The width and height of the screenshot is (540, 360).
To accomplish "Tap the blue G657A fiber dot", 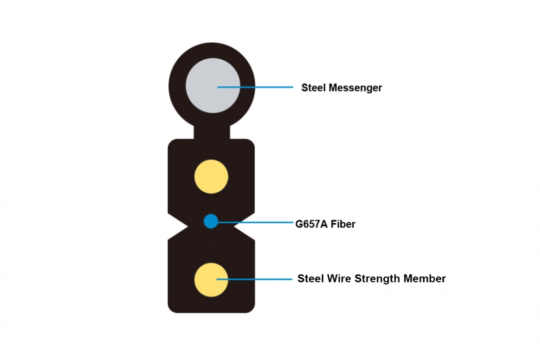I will [x=211, y=221].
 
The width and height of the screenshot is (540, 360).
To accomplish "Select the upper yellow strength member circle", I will [x=211, y=176].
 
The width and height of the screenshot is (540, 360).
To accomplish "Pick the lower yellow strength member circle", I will [x=211, y=279].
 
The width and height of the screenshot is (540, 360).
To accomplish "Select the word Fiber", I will [x=343, y=224].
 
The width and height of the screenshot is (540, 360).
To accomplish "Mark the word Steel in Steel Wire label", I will [x=309, y=279].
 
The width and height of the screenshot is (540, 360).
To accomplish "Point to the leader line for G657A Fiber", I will [x=257, y=223].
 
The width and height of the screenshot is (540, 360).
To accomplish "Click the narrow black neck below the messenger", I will [x=212, y=133].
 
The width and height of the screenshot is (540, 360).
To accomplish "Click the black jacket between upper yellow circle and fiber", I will [x=211, y=203].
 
